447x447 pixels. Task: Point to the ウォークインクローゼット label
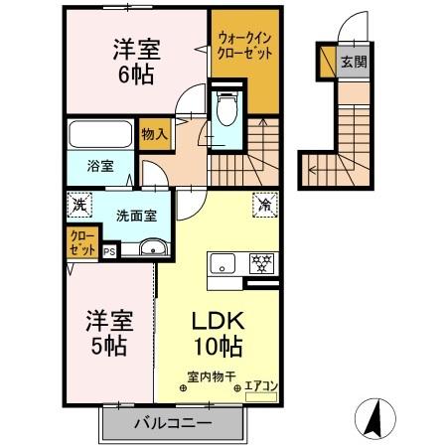(x=243, y=46)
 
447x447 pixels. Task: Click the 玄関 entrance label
(x=355, y=62)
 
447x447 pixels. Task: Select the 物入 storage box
(x=153, y=132)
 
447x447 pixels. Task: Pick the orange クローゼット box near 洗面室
(x=83, y=242)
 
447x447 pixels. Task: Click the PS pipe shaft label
(x=109, y=252)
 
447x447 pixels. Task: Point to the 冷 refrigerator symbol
(x=265, y=206)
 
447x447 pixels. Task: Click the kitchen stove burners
(x=262, y=263)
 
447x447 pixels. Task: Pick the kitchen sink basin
(x=222, y=263)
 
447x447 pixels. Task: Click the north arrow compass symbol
(x=374, y=417)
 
